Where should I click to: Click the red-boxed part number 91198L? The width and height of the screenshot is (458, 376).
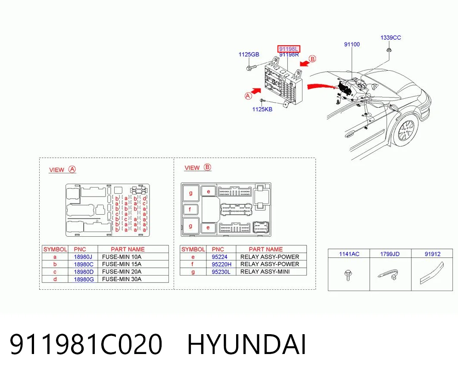point(289,49)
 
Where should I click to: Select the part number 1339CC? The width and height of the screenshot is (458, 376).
point(390,38)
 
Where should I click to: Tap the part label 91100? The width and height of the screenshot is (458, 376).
point(352,44)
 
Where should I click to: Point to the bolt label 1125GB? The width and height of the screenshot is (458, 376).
point(249,54)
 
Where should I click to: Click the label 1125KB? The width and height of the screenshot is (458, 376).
point(262,110)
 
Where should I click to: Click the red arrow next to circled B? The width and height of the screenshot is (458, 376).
point(305,63)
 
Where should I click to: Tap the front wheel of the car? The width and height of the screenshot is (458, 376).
point(406,130)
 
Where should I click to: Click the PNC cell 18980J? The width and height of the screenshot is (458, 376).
point(83,257)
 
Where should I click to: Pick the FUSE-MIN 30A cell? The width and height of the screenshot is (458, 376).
point(122,279)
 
